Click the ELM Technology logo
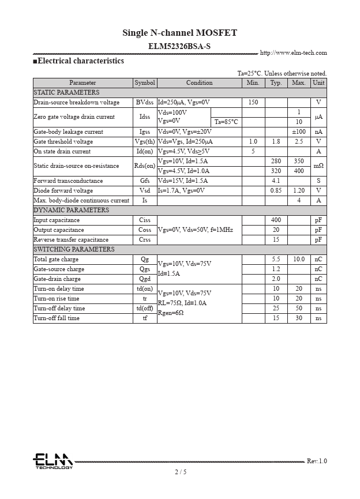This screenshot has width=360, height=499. pyautogui.click(x=52, y=461)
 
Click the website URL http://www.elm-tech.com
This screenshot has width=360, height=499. pyautogui.click(x=293, y=53)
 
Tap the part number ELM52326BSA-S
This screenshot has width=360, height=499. pyautogui.click(x=179, y=46)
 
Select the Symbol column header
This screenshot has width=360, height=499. pyautogui.click(x=145, y=83)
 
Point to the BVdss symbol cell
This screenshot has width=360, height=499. pyautogui.click(x=145, y=102)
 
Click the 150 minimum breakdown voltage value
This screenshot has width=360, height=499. pyautogui.click(x=253, y=102)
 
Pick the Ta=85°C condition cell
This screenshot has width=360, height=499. pyautogui.click(x=226, y=122)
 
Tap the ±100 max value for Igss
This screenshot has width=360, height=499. pyautogui.click(x=299, y=132)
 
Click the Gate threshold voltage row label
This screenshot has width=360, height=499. pyautogui.click(x=63, y=141)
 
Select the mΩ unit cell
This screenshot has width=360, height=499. pyautogui.click(x=318, y=166)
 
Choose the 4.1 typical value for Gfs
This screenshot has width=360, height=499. pyautogui.click(x=276, y=181)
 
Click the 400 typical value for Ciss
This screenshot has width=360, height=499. pyautogui.click(x=276, y=220)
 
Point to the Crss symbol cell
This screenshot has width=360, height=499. pyautogui.click(x=145, y=239)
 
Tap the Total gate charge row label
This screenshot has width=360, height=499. pyautogui.click(x=56, y=259)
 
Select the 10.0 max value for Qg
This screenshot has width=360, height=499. pyautogui.click(x=299, y=259)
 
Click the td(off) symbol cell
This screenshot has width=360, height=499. pyautogui.click(x=145, y=308)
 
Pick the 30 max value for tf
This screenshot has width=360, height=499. pyautogui.click(x=299, y=318)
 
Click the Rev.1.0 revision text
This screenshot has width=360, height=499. pyautogui.click(x=316, y=461)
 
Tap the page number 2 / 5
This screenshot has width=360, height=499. pyautogui.click(x=181, y=472)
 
